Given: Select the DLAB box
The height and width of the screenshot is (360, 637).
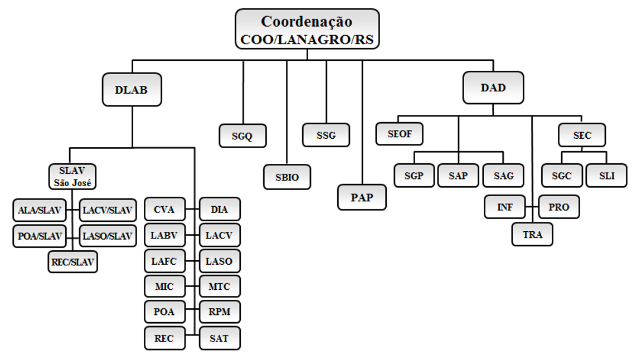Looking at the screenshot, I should [x=132, y=89].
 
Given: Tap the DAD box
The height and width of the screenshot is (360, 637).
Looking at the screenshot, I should [x=493, y=88].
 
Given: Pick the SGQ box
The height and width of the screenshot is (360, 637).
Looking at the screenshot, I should [x=242, y=136].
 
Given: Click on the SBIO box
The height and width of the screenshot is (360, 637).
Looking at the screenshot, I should [x=287, y=177].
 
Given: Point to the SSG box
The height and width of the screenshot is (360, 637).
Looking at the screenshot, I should [x=326, y=135].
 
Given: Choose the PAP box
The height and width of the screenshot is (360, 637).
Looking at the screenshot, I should [x=362, y=197].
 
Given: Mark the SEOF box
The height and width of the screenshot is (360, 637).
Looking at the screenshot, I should [x=398, y=134].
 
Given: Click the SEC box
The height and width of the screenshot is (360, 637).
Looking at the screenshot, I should [x=582, y=135].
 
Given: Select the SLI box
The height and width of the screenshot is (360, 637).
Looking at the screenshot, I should [x=606, y=176].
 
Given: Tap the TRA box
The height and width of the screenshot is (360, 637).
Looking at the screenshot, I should [x=533, y=234].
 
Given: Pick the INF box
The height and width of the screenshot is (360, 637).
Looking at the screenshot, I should [x=504, y=207].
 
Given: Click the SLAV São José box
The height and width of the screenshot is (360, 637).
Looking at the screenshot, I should [x=72, y=176].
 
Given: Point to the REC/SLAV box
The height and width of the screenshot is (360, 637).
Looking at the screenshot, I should [x=72, y=261].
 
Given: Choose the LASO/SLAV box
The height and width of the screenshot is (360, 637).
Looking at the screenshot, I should [x=107, y=236].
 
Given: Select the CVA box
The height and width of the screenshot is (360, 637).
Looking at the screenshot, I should [x=164, y=210].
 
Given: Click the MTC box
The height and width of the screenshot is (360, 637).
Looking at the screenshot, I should [x=220, y=286].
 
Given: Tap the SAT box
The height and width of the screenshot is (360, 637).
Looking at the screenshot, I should [x=220, y=338].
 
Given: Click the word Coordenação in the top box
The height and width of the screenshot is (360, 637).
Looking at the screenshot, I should [x=307, y=22].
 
